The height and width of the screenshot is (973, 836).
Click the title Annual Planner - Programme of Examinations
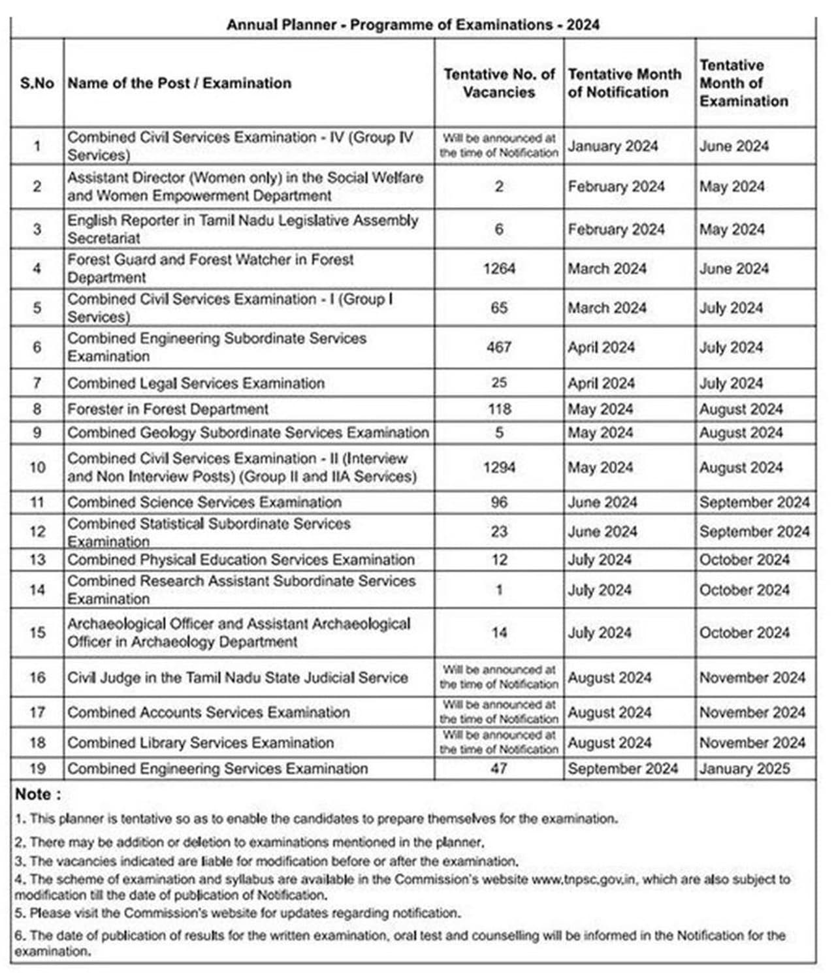[x=413, y=25]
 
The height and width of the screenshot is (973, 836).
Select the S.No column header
[x=37, y=83]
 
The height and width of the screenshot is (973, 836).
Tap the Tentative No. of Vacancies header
[x=499, y=83]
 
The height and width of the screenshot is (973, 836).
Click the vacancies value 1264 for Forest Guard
[x=499, y=268]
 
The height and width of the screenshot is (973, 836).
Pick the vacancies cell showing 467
[x=499, y=347]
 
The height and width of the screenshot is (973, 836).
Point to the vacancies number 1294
[x=499, y=468]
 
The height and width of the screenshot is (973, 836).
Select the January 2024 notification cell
[x=613, y=146]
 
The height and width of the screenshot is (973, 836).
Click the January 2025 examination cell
[x=745, y=769]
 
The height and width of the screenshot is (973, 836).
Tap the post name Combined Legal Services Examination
[x=196, y=383]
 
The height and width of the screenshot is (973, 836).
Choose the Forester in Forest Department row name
[x=168, y=409]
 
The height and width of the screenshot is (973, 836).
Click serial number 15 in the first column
[x=37, y=633]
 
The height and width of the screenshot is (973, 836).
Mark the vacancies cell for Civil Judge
[x=499, y=677]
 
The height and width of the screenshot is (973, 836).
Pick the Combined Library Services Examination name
[x=201, y=743]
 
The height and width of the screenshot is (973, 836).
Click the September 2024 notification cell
[x=622, y=769]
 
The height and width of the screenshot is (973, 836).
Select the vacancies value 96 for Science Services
[x=499, y=502]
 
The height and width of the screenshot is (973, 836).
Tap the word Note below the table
[x=37, y=795]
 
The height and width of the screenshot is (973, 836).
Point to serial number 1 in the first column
[x=37, y=146]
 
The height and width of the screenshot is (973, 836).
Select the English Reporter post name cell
[x=242, y=229]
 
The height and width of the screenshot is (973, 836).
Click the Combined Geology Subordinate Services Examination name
[x=248, y=433]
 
